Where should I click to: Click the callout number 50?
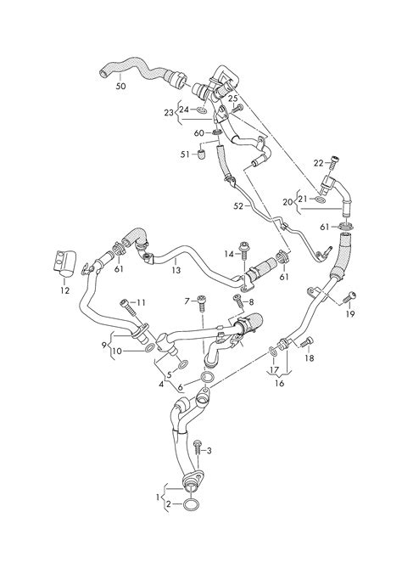point(120,87)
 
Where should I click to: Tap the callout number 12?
point(64,290)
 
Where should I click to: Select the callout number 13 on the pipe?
point(176,270)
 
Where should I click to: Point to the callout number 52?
point(238,206)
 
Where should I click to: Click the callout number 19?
point(350,313)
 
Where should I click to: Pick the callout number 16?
point(279,383)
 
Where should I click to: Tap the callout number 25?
point(233,98)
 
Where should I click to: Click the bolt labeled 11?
point(128,306)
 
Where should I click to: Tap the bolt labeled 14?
point(244,250)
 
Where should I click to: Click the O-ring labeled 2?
point(191,504)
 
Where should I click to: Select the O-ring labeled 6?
point(208,377)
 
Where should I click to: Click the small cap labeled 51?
point(202,154)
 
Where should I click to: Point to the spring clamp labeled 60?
point(216,133)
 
